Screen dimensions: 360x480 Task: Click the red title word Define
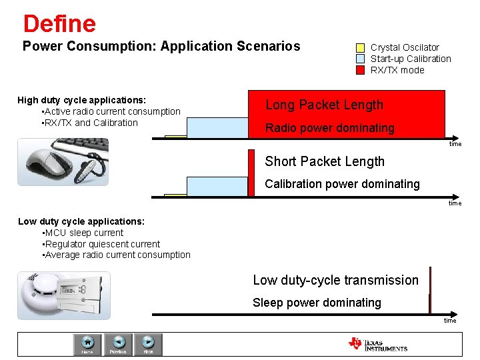pyautogui.click(x=59, y=24)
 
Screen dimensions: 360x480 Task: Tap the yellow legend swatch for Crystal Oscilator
pyautogui.click(x=360, y=48)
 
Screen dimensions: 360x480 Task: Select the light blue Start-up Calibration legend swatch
pyautogui.click(x=360, y=59)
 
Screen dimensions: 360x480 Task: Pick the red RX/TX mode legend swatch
pyautogui.click(x=360, y=70)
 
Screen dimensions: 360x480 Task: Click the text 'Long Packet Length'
pyautogui.click(x=324, y=105)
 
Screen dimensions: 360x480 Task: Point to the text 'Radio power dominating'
pyautogui.click(x=329, y=128)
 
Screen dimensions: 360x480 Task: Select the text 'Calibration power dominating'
pyautogui.click(x=342, y=184)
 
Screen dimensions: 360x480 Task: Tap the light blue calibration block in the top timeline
pyautogui.click(x=217, y=127)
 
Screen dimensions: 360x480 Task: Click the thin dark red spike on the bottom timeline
pyautogui.click(x=430, y=290)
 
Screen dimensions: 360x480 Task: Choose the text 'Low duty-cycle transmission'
pyautogui.click(x=335, y=281)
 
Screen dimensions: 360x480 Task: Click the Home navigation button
pyautogui.click(x=87, y=344)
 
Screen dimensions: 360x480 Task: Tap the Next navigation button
pyautogui.click(x=148, y=344)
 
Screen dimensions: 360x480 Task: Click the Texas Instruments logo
pyautogui.click(x=377, y=344)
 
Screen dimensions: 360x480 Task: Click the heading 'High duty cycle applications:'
pyautogui.click(x=81, y=100)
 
